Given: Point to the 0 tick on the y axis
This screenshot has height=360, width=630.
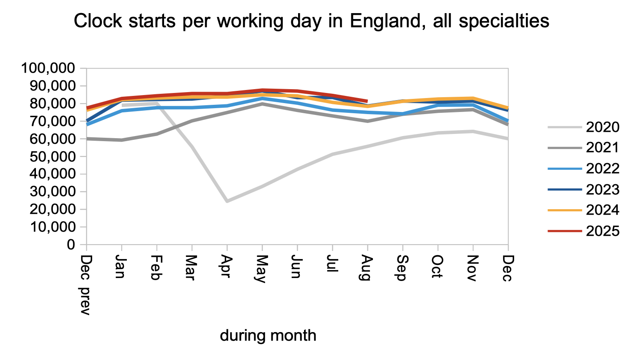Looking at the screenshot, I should pos(71,245).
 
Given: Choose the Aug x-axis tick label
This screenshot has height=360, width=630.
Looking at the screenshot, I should pos(367,268).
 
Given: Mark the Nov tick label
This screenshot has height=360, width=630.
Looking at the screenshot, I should pos(473,268).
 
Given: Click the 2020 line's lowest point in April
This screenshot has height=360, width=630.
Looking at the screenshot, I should pos(227,201).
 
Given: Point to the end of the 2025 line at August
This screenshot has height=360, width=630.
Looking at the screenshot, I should pos(367,101).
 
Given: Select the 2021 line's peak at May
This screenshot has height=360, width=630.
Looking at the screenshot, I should pos(262,104).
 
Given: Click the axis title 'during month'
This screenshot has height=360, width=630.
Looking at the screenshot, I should pos(268,335).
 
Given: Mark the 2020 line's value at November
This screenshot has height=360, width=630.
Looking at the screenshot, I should pos(473,131).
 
